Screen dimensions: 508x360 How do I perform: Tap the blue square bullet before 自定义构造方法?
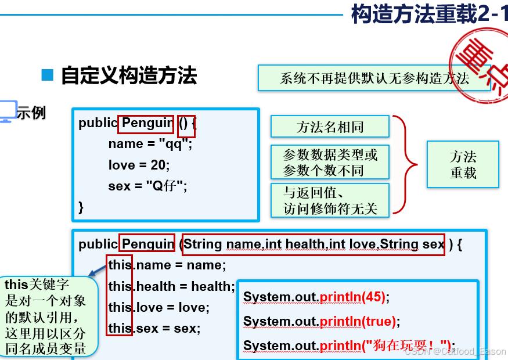tap(48, 75)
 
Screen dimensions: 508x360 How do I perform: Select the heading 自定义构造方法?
tap(128, 75)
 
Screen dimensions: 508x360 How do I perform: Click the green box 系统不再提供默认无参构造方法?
tap(374, 78)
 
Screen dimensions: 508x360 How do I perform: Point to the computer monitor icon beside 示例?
tap(8, 111)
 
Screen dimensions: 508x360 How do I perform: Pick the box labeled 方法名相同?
tap(329, 127)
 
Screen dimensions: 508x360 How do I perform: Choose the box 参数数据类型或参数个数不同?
tap(329, 162)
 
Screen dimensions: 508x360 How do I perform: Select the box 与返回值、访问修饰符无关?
tap(329, 200)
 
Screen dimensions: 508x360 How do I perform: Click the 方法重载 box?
tap(463, 164)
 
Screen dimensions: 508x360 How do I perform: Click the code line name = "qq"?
tap(150, 144)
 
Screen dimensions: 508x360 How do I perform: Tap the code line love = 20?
tap(139, 165)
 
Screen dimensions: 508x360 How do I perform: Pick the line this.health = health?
tap(171, 286)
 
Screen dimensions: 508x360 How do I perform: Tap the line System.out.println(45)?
tap(316, 297)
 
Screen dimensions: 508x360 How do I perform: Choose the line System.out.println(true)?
tap(322, 321)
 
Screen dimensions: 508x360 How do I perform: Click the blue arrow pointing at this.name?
tap(97, 269)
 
